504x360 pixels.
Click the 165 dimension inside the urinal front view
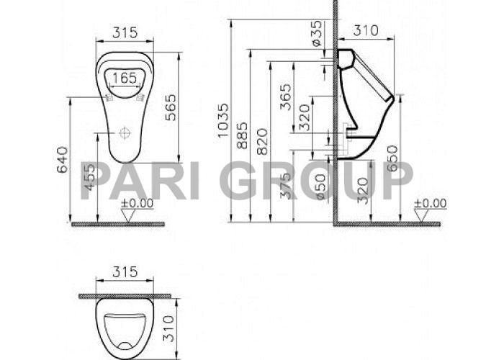(125, 77)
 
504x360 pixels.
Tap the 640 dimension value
(61, 160)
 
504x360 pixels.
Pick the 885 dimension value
(243, 135)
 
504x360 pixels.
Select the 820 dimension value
(261, 142)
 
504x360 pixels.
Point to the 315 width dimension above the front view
(125, 32)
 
